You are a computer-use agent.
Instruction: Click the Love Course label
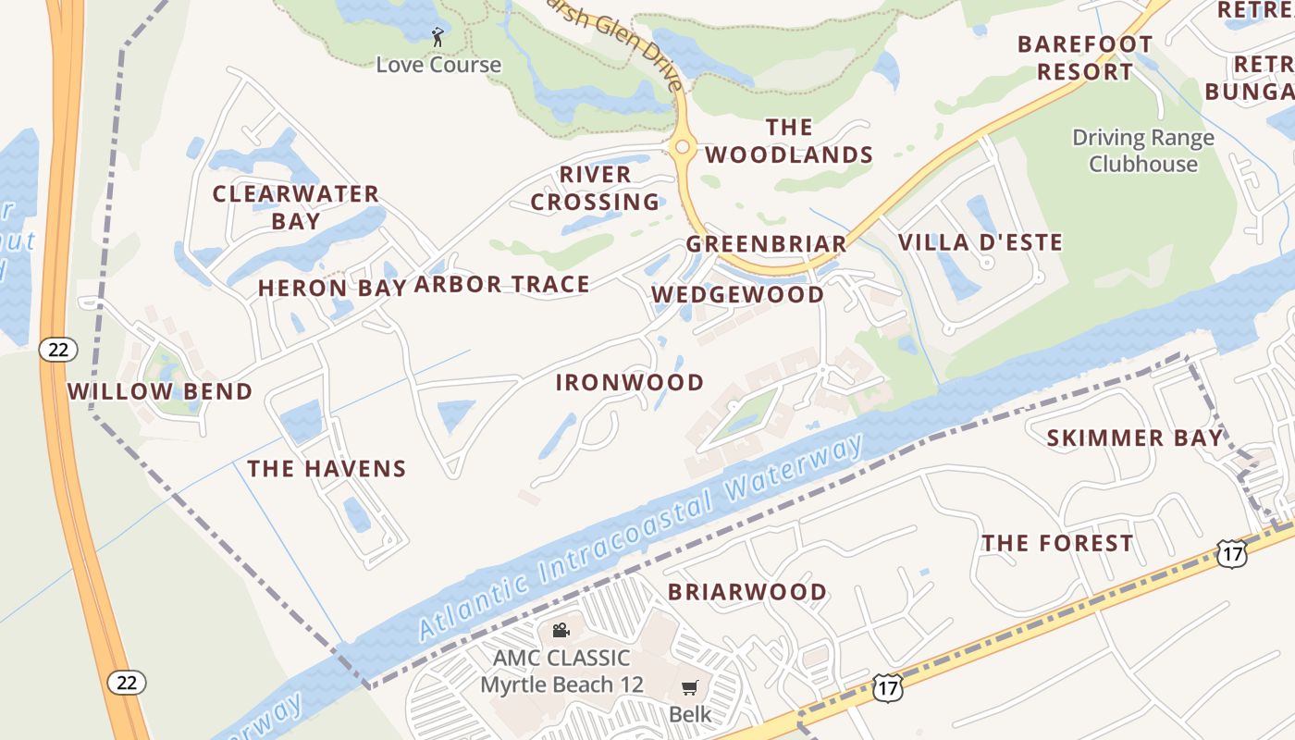(438, 65)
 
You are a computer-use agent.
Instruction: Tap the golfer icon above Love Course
(438, 37)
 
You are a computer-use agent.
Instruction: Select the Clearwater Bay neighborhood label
(296, 207)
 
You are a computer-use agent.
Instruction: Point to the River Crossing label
(595, 188)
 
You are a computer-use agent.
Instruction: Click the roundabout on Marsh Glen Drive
(683, 146)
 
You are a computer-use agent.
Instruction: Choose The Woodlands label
(789, 141)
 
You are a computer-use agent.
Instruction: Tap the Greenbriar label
(766, 244)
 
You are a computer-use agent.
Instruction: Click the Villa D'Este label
(980, 243)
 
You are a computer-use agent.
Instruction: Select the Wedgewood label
(738, 295)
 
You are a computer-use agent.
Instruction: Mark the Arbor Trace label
(501, 285)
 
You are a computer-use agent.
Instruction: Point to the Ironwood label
(630, 383)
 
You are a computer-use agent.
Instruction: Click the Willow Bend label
(160, 391)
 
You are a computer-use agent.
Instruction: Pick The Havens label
(327, 469)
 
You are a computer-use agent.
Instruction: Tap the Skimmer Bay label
(1135, 438)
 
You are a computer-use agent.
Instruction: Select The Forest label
(1057, 543)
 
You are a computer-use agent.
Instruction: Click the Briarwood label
(747, 592)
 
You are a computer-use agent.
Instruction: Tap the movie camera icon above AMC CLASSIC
(561, 631)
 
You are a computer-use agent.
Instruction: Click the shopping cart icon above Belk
(690, 687)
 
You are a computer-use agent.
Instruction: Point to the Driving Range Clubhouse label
(1143, 151)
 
